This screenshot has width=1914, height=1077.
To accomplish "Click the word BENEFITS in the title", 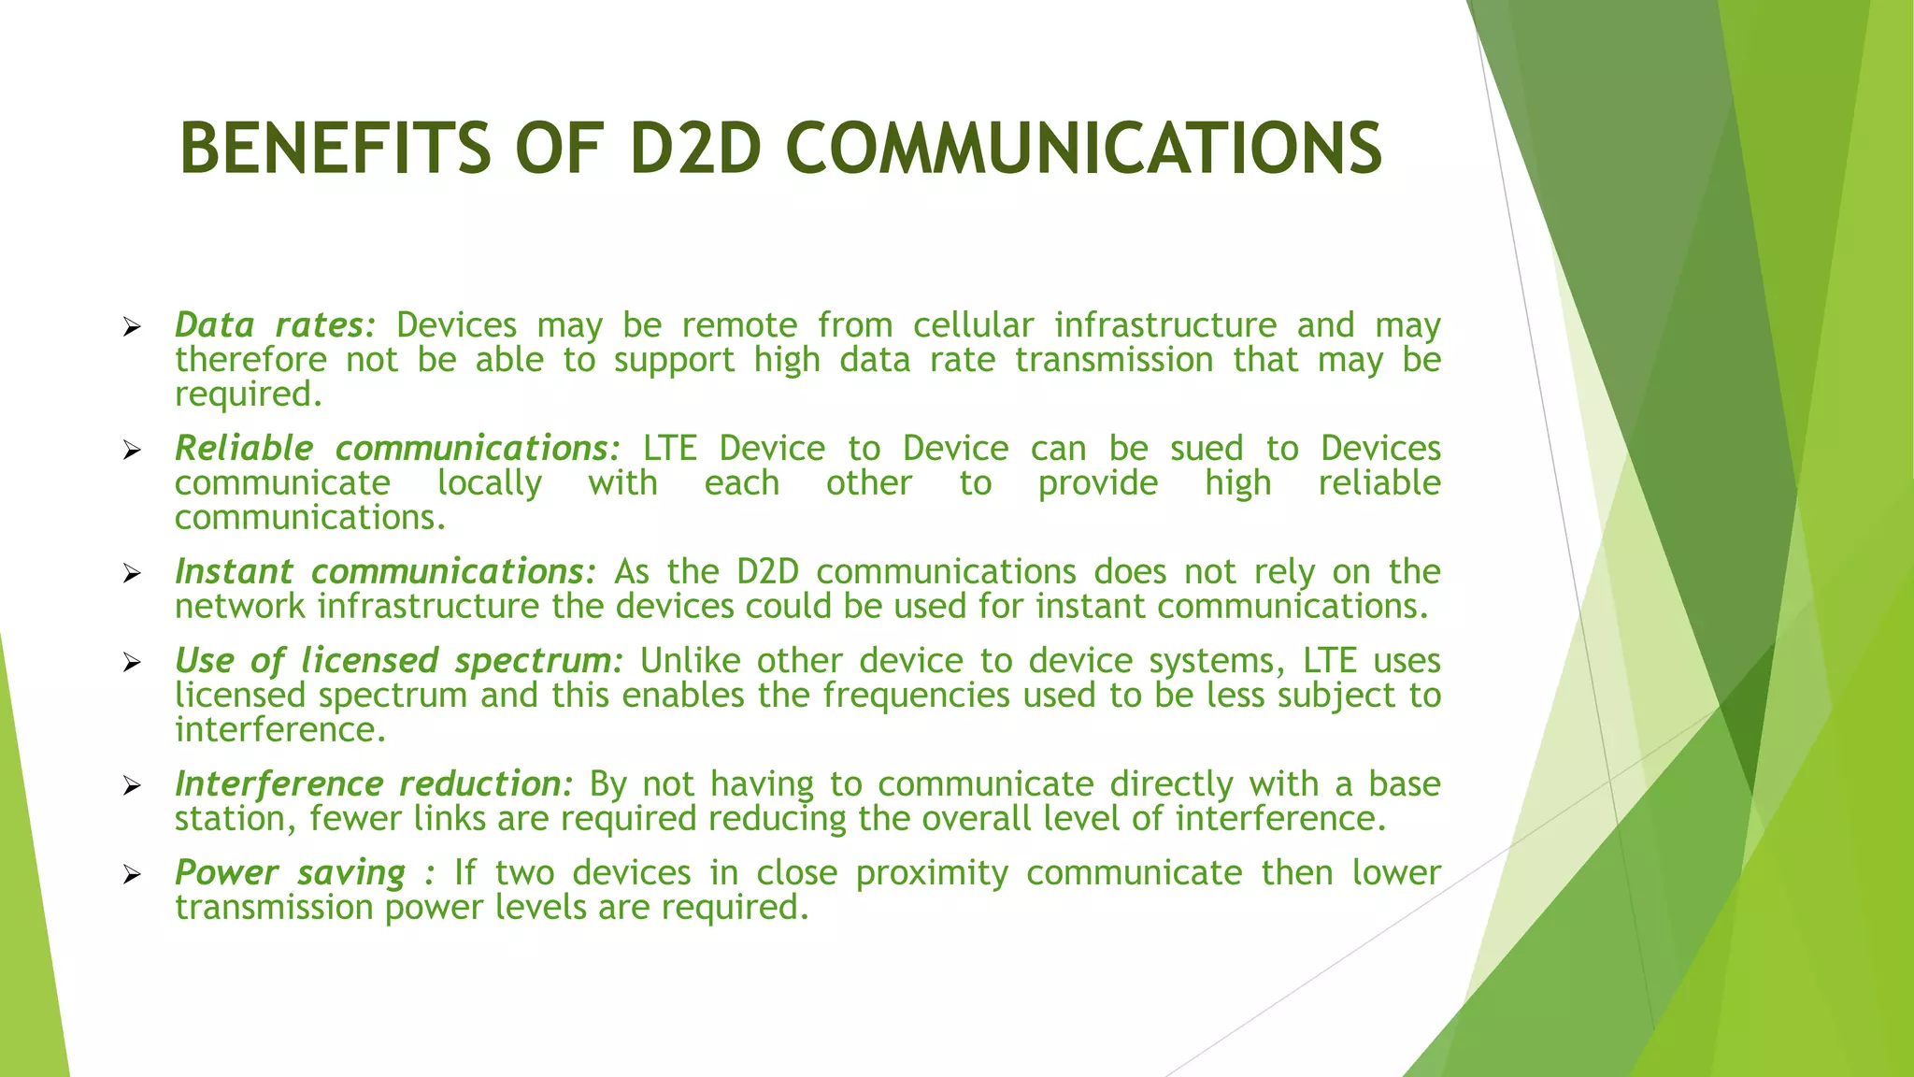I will [335, 149].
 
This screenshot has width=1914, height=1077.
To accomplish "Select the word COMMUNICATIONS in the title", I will [1084, 149].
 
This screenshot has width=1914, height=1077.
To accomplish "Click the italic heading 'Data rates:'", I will [275, 325].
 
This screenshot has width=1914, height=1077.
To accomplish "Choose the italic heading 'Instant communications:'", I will [384, 572].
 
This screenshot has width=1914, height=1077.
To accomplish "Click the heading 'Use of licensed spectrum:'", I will [398, 661].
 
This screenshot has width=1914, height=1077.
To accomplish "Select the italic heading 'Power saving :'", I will [305, 873].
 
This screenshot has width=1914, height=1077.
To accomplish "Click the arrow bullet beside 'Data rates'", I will [132, 327].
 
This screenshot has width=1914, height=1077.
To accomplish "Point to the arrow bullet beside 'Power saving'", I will [132, 875].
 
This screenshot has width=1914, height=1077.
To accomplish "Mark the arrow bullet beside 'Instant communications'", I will [132, 574].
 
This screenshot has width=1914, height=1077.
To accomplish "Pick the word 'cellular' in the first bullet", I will [973, 325].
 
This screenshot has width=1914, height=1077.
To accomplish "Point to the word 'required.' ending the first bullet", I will [249, 395].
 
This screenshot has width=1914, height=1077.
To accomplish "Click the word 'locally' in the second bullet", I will [490, 483].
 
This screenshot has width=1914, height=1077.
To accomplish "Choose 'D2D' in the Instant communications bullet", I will [767, 572].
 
